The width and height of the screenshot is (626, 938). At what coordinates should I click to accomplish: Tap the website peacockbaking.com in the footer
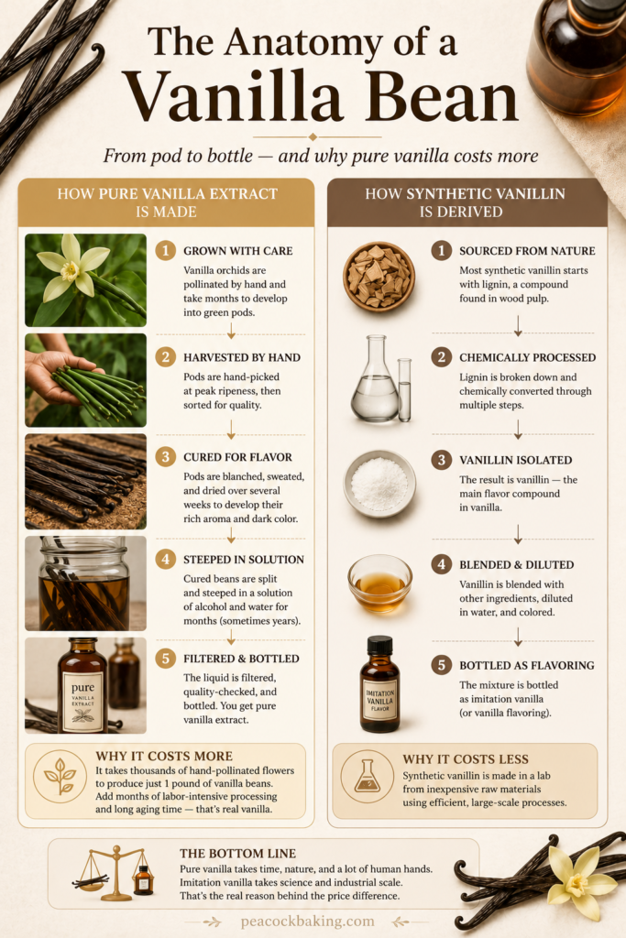pos(308,922)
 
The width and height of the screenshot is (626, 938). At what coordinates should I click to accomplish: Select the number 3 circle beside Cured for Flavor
pos(166,457)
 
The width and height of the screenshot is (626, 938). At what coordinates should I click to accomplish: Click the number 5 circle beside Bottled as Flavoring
pos(442,665)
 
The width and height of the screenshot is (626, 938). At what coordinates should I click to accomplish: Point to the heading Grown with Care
pos(238,251)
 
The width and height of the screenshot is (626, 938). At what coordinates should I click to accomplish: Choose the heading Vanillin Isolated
pos(516,460)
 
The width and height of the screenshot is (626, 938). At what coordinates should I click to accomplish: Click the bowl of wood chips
pos(379,277)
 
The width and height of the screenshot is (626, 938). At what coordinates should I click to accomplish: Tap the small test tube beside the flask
pos(405,389)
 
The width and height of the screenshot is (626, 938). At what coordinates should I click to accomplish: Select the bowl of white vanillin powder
pos(379,484)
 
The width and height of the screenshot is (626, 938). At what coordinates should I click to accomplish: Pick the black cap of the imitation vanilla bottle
pos(379,646)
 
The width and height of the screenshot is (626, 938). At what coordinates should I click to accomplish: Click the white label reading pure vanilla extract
pos(83,700)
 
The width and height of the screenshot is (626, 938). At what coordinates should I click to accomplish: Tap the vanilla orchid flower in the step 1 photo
pos(71,268)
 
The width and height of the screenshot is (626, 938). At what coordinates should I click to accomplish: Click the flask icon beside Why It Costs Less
pos(367,776)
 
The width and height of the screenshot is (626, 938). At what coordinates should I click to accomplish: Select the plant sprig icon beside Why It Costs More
pos(60,776)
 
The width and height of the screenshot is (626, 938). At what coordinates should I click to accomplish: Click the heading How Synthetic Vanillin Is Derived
pos(465,202)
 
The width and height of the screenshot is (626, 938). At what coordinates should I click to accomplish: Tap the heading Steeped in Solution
pos(244,560)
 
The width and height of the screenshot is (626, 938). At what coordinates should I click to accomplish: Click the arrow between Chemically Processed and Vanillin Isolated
pos(518,429)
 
